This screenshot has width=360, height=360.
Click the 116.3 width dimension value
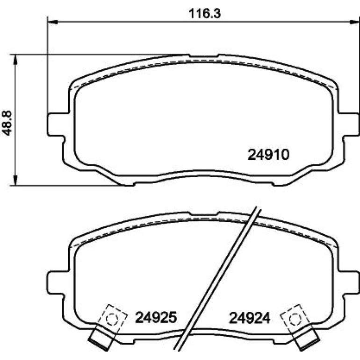pos(205,14)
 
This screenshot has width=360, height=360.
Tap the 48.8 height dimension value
pos(7,123)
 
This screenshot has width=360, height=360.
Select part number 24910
pos(268,154)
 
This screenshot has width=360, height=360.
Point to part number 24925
pos(156,317)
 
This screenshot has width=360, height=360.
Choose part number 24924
pos(250,318)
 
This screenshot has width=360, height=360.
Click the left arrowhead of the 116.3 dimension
pos(52,22)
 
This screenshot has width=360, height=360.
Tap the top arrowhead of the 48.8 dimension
pos(15,59)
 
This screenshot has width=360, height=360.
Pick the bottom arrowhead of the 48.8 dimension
pos(15,180)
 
